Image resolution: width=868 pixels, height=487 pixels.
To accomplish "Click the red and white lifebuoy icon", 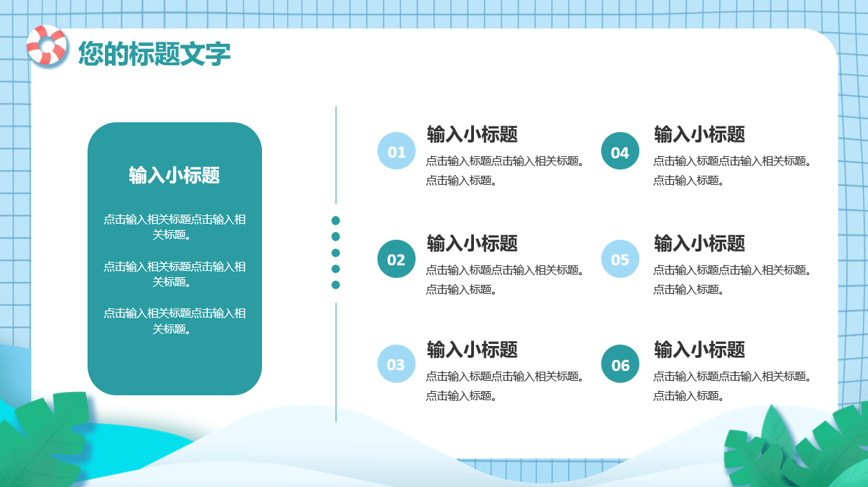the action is [x=47, y=45].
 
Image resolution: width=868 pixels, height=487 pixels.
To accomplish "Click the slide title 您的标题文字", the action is [x=154, y=53].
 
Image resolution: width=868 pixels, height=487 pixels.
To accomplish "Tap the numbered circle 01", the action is [x=396, y=151].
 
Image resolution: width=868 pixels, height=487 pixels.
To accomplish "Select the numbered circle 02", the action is [x=396, y=259].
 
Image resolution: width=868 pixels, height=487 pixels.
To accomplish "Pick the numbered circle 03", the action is [x=396, y=364].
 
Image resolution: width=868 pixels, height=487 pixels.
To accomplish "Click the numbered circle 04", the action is [x=620, y=151].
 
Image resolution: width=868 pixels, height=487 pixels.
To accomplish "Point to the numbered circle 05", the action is [x=620, y=259].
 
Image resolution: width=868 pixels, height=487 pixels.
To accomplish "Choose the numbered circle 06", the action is [x=620, y=364].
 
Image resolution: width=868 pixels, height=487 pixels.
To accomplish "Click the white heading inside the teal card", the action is [x=174, y=175].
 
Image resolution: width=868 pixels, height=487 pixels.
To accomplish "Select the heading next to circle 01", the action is [x=473, y=135].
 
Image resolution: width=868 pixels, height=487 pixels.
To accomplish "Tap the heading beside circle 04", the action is [x=699, y=135].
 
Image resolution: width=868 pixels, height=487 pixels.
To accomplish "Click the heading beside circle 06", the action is [x=699, y=350].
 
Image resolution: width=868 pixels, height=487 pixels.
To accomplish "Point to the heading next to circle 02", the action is [x=473, y=244].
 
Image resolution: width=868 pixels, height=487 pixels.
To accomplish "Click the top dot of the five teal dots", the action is [x=336, y=220].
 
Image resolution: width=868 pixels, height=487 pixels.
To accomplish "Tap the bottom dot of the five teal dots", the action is [x=336, y=285].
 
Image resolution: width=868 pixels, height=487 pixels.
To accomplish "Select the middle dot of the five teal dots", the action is [x=336, y=253].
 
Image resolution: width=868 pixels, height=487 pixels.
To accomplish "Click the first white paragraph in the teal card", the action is [x=174, y=227].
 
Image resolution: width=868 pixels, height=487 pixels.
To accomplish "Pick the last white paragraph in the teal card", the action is [x=174, y=321].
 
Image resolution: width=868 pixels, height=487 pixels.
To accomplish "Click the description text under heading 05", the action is [x=732, y=279].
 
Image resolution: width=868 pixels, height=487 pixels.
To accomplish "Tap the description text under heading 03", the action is [x=505, y=386].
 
